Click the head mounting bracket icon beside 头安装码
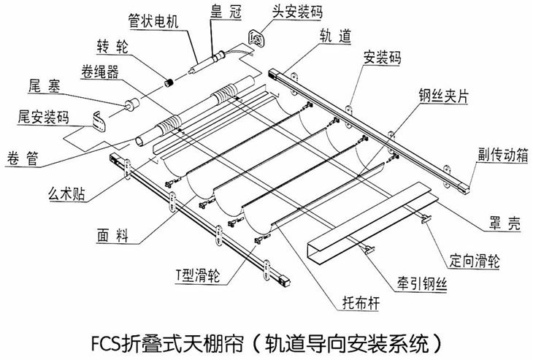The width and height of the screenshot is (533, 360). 256,37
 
